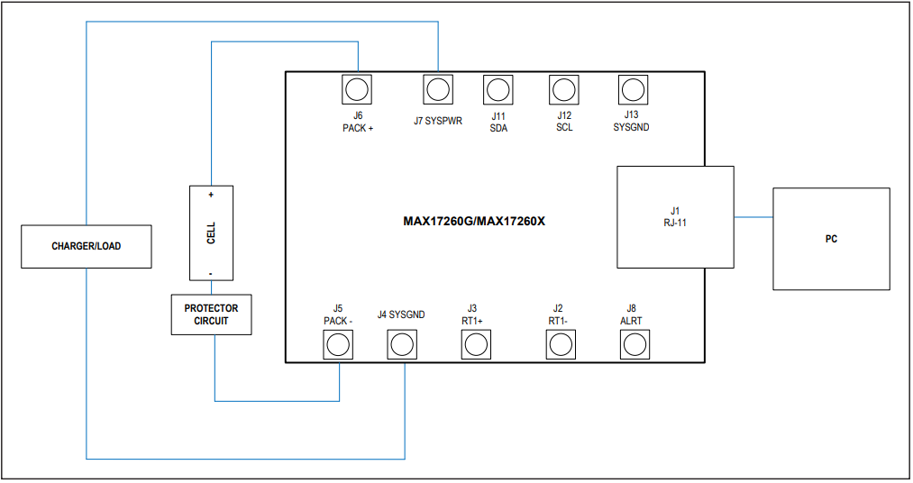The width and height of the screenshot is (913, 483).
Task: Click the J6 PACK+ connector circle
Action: [357, 89]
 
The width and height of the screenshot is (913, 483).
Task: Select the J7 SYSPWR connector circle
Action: [438, 89]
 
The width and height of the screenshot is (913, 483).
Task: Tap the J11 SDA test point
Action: [498, 89]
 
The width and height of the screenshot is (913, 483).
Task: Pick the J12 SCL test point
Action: [564, 89]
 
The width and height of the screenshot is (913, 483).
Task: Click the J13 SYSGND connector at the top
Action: [632, 89]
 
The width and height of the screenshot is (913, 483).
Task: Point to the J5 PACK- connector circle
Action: [338, 344]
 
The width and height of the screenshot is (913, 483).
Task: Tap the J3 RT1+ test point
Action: [476, 344]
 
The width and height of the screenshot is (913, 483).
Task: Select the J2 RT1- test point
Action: [561, 344]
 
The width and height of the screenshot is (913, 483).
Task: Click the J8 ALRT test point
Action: [635, 344]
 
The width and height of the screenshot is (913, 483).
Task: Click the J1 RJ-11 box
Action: [675, 216]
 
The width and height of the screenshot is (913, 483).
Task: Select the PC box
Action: [831, 239]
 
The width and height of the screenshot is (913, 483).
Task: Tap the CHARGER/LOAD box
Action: [86, 246]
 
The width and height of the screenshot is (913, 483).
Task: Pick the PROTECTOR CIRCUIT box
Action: [212, 314]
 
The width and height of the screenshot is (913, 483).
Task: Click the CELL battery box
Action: [212, 233]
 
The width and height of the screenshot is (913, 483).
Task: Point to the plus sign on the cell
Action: [211, 195]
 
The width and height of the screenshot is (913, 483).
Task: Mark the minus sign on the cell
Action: [211, 272]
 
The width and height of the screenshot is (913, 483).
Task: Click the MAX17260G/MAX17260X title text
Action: [474, 220]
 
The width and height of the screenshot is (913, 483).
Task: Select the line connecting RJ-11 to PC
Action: [753, 217]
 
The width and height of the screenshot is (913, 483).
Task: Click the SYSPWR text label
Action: [444, 121]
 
